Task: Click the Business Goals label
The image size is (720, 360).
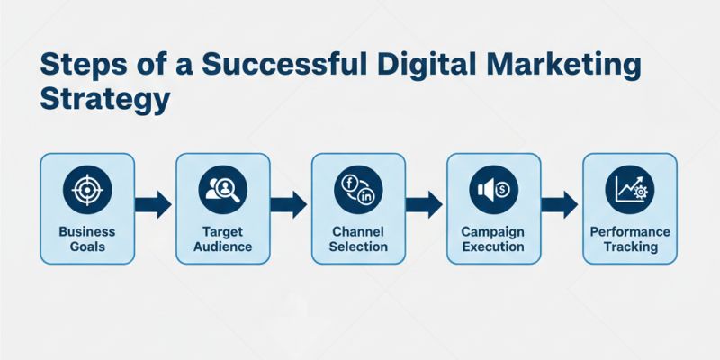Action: click(x=87, y=238)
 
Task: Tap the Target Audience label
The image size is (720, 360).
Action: click(x=222, y=238)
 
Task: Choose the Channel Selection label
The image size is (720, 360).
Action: click(x=358, y=238)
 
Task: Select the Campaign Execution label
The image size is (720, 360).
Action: click(x=493, y=238)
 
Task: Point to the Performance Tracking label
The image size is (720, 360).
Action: click(x=629, y=238)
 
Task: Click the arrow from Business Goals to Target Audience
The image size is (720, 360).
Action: click(x=155, y=204)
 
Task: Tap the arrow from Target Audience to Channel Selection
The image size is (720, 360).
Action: click(x=290, y=204)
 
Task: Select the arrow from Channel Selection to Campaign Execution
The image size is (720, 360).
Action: click(x=426, y=204)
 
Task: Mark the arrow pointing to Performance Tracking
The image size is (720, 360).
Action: click(x=561, y=204)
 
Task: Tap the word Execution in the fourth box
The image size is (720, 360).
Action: click(x=493, y=247)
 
